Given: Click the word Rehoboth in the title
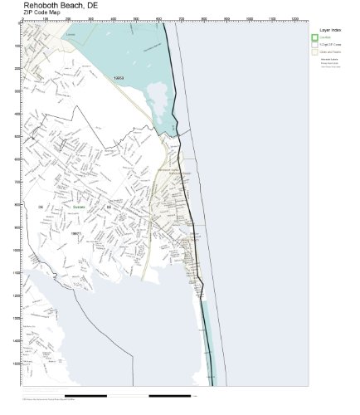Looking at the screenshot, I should pyautogui.click(x=40, y=5).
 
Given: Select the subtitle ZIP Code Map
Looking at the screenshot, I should pyautogui.click(x=42, y=13).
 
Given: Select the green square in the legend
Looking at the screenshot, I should pyautogui.click(x=314, y=37).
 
